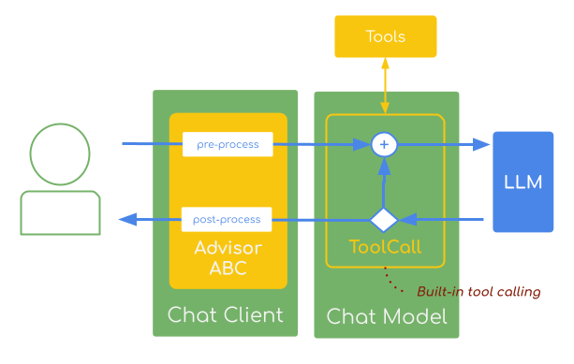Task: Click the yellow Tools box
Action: point(385,36)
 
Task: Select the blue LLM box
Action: point(522,182)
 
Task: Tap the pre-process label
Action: point(228,144)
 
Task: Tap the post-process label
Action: point(227,219)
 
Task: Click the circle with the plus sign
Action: point(384,144)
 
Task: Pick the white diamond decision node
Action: point(384,219)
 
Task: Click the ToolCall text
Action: point(385,248)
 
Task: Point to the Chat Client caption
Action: point(225,315)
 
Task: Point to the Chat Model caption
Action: point(386,317)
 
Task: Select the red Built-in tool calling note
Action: point(478,292)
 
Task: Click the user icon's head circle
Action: point(60,153)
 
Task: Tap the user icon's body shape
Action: point(60,212)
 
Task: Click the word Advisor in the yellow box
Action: point(228,249)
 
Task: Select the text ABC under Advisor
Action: point(228,269)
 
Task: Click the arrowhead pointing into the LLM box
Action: point(481,144)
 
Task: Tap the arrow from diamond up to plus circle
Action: point(384,182)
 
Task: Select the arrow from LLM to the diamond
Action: point(445,219)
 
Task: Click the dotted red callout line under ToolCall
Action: point(397,281)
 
